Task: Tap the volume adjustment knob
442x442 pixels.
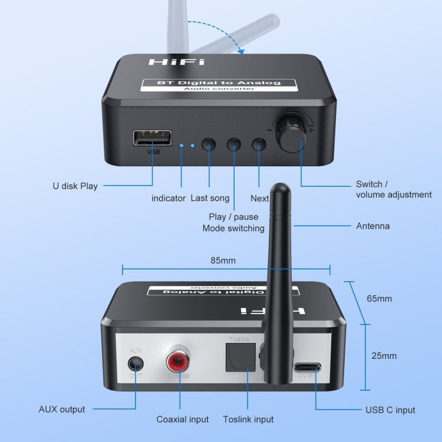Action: click(x=290, y=134)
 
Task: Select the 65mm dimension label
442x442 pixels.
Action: click(x=379, y=299)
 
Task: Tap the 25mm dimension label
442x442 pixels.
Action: click(x=384, y=355)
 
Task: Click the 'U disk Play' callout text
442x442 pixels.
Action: click(x=74, y=186)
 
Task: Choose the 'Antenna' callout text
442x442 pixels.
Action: click(x=372, y=226)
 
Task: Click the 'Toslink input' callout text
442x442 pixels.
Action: click(x=248, y=419)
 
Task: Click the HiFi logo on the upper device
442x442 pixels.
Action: click(x=169, y=62)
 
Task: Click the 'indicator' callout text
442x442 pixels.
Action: click(x=169, y=199)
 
